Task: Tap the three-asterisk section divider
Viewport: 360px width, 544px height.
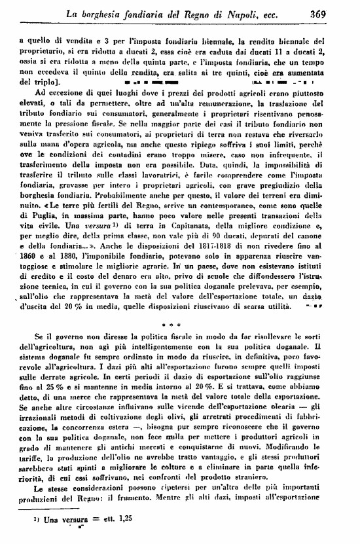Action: [179, 324]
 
